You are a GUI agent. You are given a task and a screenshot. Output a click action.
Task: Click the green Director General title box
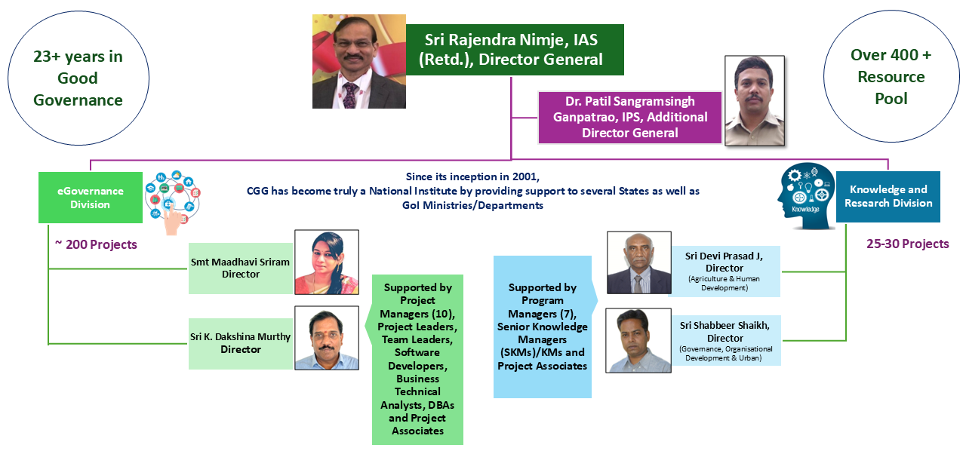click(x=515, y=50)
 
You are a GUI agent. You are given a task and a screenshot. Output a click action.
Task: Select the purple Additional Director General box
click(x=629, y=118)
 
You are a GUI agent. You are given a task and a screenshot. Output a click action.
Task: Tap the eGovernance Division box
click(x=91, y=198)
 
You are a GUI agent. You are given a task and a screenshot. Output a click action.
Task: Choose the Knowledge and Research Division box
click(x=888, y=197)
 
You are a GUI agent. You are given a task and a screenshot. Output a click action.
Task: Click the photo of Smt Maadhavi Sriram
click(x=327, y=262)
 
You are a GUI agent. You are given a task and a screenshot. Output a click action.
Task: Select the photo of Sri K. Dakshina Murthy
click(x=327, y=338)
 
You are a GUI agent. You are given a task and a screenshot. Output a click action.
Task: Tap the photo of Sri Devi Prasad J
click(x=639, y=262)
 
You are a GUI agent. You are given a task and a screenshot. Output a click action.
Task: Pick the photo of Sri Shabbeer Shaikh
click(x=638, y=340)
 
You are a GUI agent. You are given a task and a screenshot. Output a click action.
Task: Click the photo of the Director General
click(x=358, y=61)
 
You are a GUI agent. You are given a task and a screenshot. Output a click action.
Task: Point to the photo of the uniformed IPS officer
click(x=755, y=101)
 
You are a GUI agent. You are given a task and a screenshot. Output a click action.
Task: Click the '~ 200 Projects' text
click(x=96, y=244)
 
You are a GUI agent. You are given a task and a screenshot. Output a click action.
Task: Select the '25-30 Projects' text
click(x=908, y=244)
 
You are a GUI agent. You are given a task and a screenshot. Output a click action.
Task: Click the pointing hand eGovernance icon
click(x=172, y=203)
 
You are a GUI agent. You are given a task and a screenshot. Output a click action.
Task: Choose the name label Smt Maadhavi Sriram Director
click(x=241, y=268)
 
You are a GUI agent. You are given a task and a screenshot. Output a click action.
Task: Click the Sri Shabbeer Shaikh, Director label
click(x=726, y=341)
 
